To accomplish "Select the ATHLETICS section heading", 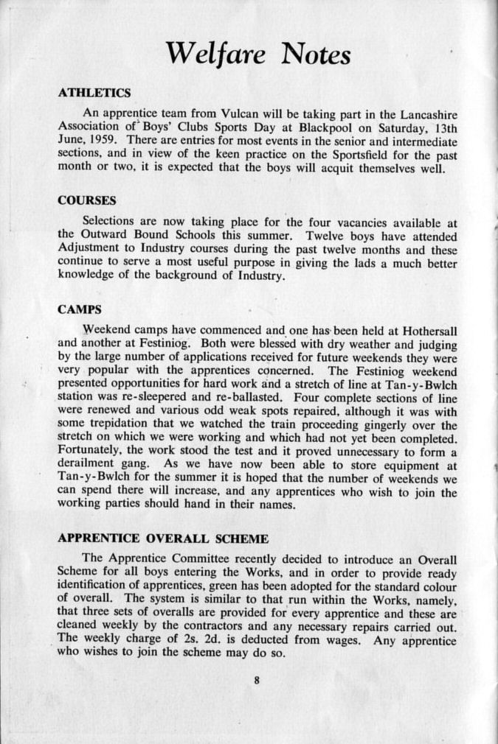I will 94,93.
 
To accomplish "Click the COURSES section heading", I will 87,200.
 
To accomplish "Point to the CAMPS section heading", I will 79,309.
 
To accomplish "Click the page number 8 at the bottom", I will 257,681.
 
